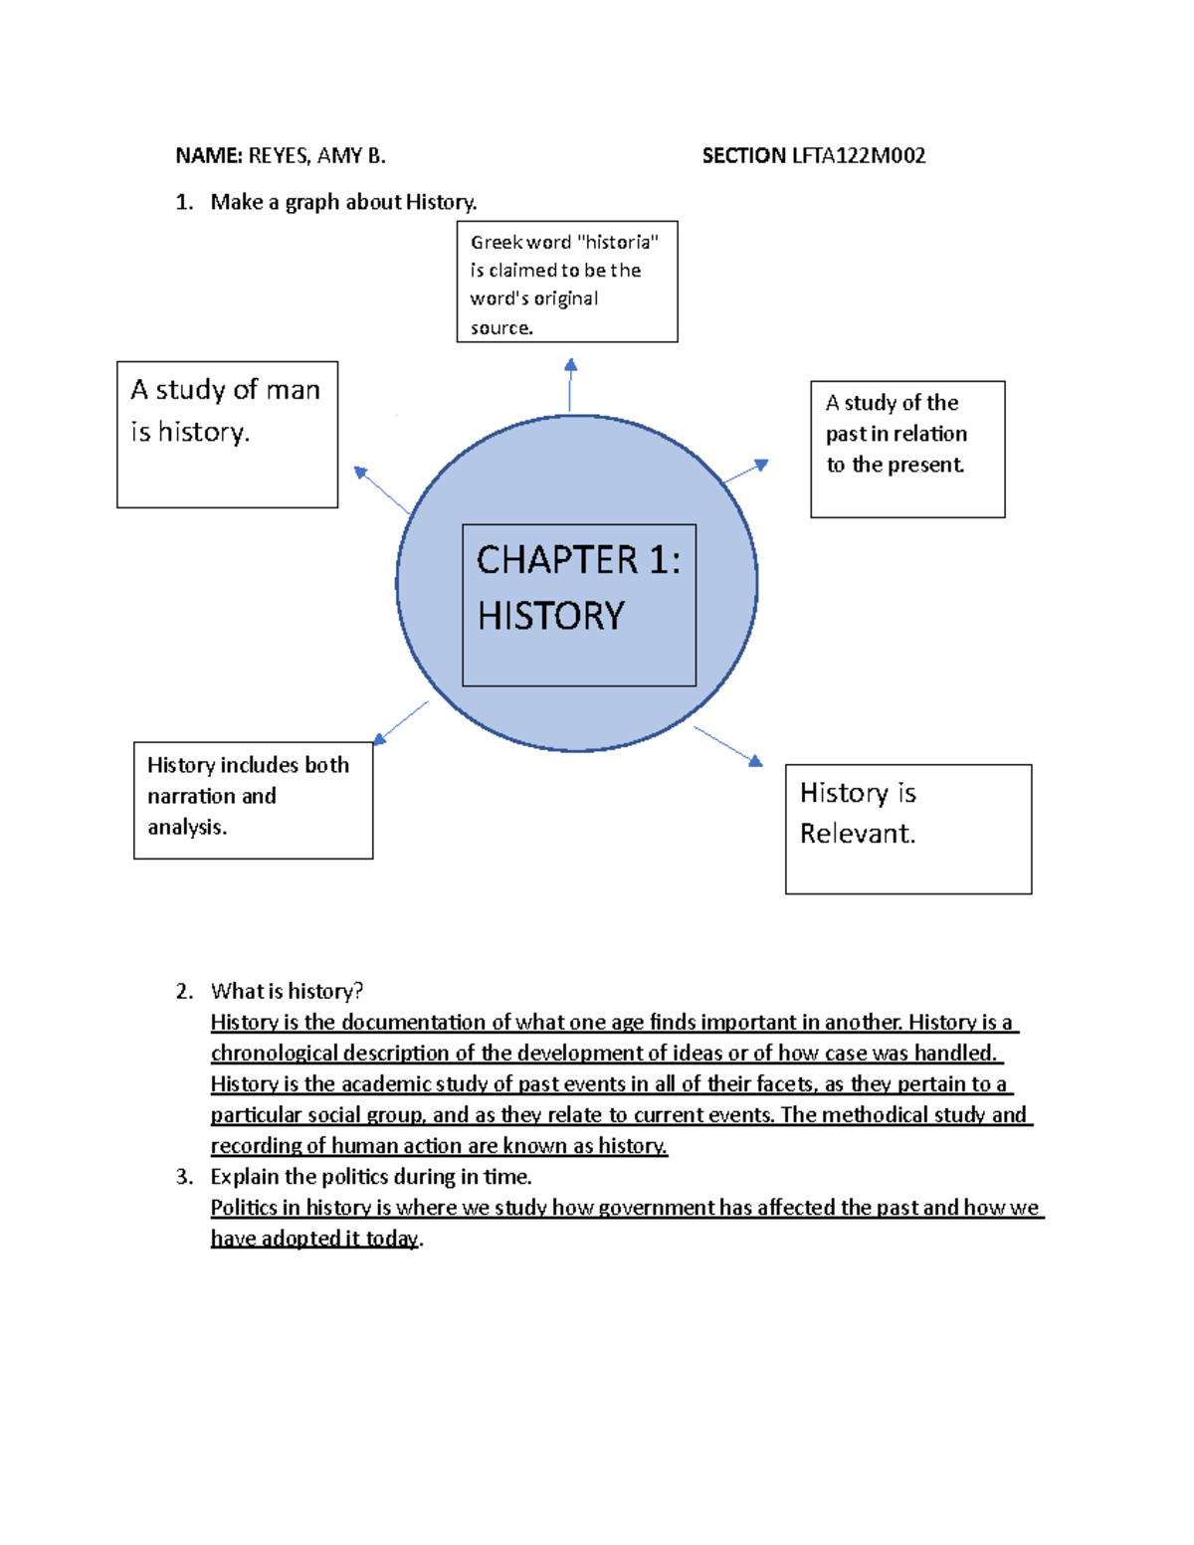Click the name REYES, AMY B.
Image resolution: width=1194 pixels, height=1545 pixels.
coord(316,156)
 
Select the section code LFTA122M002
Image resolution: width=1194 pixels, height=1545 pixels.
coord(858,156)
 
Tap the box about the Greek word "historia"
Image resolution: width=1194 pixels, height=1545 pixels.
coord(566,283)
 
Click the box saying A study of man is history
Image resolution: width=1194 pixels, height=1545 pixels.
coord(227,435)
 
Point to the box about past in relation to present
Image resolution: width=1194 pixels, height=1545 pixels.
coord(906,449)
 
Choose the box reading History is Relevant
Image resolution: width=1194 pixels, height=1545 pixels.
coord(907,829)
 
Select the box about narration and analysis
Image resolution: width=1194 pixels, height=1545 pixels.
coord(253,801)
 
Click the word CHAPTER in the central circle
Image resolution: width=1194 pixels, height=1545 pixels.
coord(557,561)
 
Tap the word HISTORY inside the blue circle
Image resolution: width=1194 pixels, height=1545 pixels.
coord(551,617)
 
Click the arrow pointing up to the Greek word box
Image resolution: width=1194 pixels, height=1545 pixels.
coord(570,385)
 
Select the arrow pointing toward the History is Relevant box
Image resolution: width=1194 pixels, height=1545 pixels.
coord(728,746)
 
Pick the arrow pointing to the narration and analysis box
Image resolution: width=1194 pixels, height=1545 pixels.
coord(401,722)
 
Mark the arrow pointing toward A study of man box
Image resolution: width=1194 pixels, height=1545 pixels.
coord(382,489)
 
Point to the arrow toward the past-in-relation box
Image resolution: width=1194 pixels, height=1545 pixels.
coord(745,472)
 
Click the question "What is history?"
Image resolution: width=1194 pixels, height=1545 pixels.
coord(287,991)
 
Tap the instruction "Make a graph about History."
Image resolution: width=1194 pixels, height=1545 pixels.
coord(343,202)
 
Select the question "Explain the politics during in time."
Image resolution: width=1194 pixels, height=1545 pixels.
coord(370,1177)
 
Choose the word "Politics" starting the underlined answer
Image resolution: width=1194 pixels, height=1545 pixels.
coord(244,1208)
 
